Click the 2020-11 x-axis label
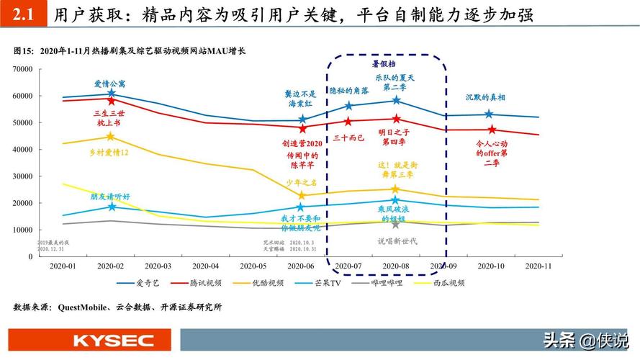(x=539, y=266)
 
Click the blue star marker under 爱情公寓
(x=111, y=94)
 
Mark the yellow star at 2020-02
(x=110, y=136)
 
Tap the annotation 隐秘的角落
(x=349, y=90)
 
